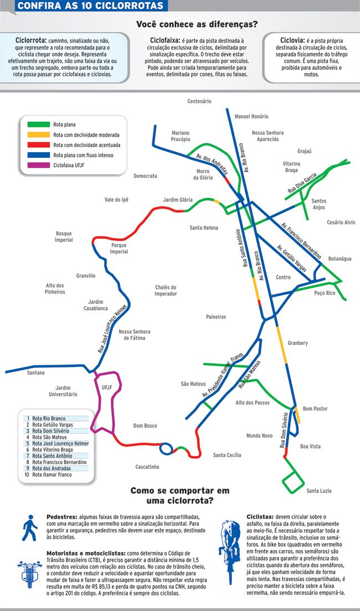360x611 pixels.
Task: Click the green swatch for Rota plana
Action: (x=38, y=125)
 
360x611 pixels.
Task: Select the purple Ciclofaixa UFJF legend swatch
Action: (x=38, y=165)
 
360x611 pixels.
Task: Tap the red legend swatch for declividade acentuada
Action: (x=38, y=145)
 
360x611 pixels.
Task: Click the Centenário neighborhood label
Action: (x=199, y=101)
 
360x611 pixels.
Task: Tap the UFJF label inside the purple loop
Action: (x=106, y=388)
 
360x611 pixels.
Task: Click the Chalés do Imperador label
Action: (x=166, y=291)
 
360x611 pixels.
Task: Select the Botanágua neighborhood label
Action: (x=340, y=259)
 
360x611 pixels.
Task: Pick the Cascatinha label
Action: (x=147, y=467)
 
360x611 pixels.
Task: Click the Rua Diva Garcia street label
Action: (x=302, y=183)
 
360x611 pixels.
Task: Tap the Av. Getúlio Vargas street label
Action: (x=291, y=258)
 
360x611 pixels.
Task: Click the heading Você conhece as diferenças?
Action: (x=197, y=24)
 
